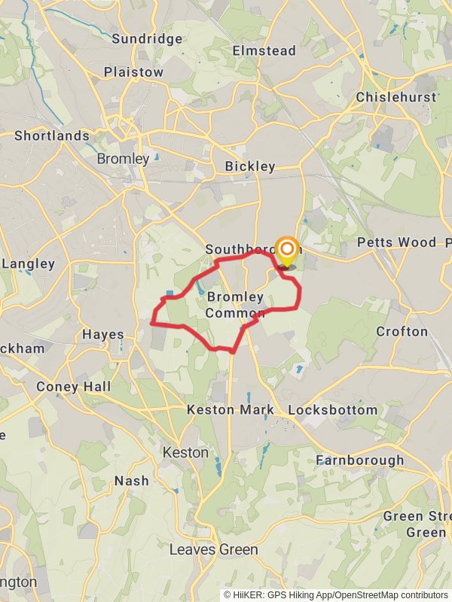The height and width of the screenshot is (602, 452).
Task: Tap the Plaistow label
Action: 133,72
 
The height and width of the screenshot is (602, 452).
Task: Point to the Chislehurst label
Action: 395,98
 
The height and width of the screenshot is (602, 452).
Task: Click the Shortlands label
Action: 52,136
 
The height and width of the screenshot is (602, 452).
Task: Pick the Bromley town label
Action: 123,159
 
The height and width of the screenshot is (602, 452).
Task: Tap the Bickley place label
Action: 251,166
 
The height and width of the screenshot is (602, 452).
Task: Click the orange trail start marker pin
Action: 286,251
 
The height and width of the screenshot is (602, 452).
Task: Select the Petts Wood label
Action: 396,242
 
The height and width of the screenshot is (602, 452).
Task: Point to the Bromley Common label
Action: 235,305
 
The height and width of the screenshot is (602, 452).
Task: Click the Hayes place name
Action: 103,335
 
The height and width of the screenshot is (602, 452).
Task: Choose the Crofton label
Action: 402,332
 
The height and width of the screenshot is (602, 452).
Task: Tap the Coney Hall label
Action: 73,387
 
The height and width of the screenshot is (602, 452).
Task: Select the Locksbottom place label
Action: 333,410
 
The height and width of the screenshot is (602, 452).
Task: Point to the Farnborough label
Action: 359,460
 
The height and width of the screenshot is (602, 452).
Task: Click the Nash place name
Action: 132,481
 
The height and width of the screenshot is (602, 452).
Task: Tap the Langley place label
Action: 29,264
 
